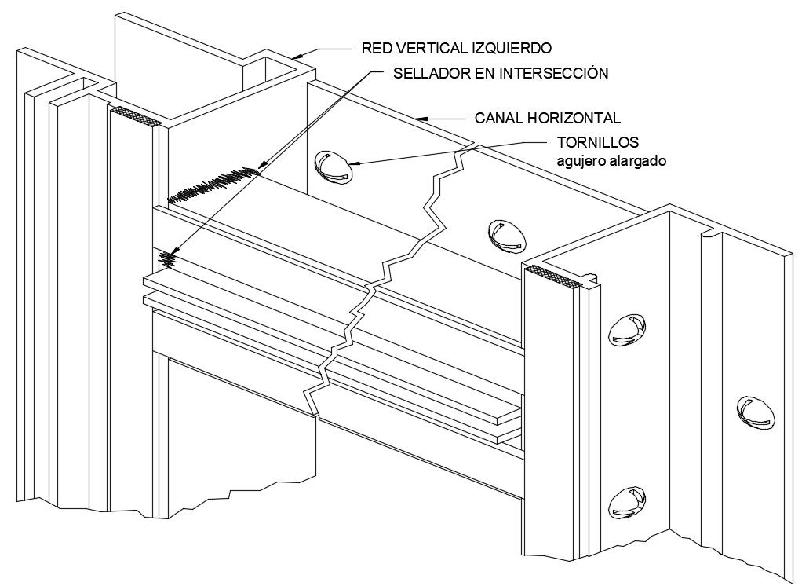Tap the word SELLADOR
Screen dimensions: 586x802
coord(427,73)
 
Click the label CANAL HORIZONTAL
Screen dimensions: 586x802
coord(548,119)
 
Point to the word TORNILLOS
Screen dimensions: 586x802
coord(598,143)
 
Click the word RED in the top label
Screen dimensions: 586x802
coord(377,49)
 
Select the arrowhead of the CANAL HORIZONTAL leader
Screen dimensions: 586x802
coord(421,119)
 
